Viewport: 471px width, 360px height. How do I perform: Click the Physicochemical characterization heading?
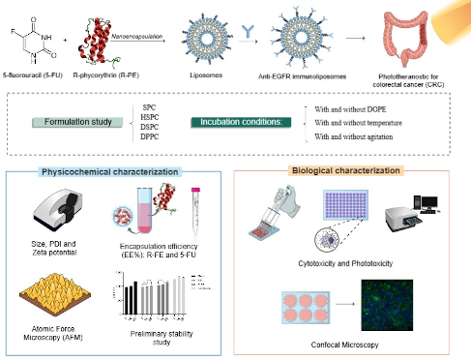coord(123,171)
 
